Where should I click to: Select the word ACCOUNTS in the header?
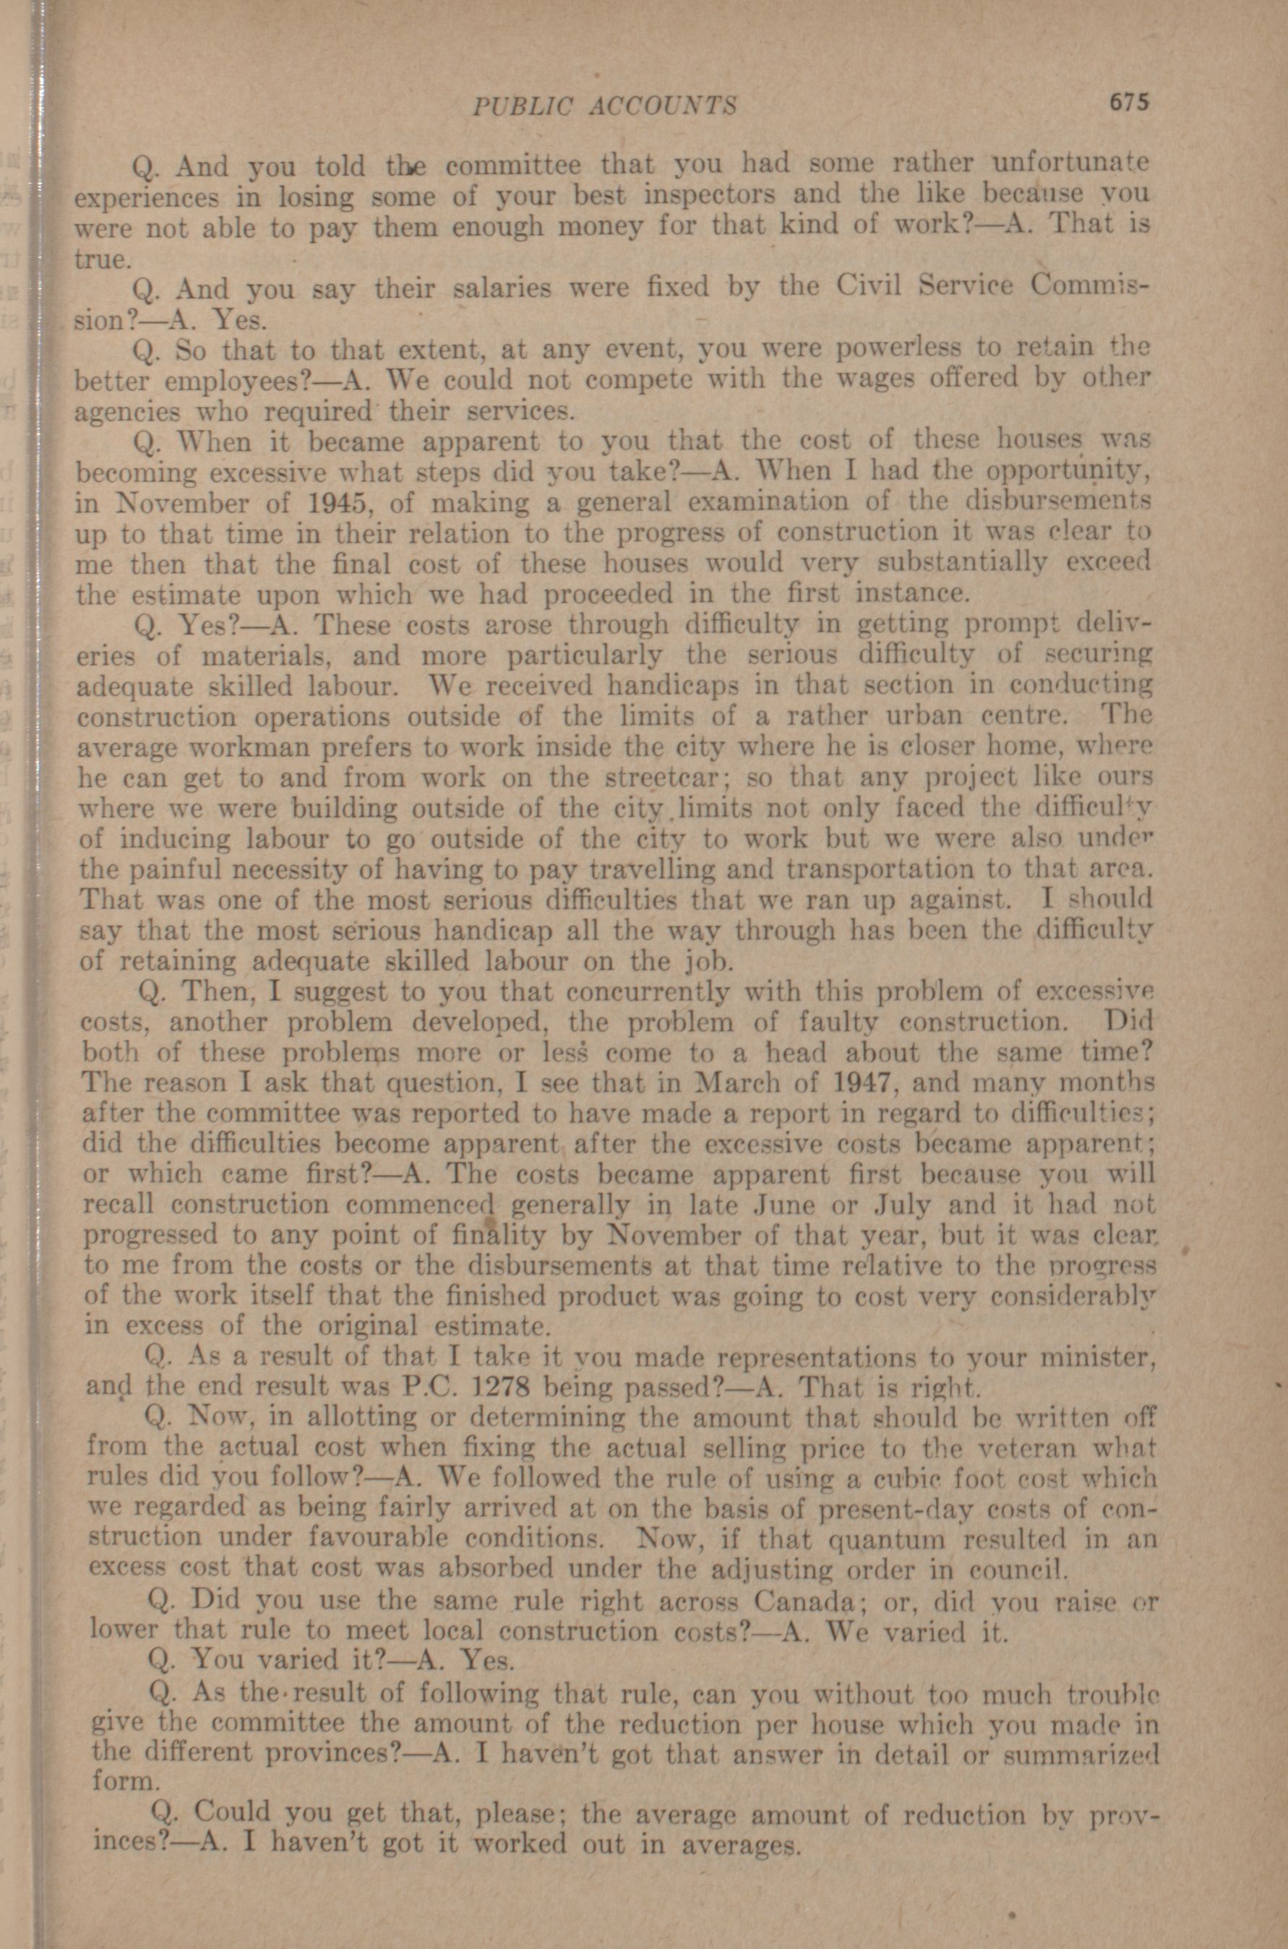click(666, 106)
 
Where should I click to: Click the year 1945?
click(338, 502)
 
